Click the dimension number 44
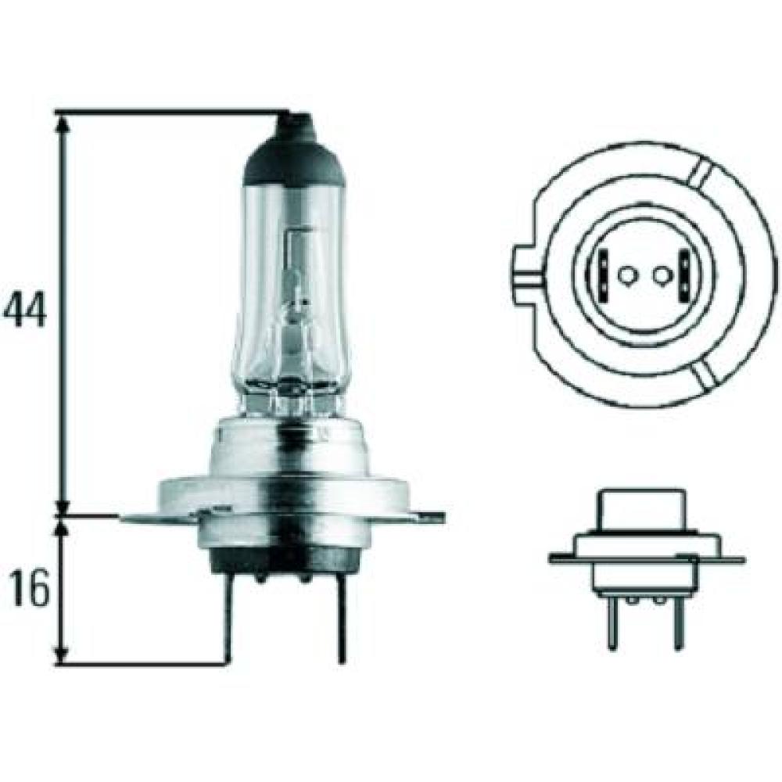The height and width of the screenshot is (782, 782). coord(25,309)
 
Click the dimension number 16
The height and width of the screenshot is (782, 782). coord(30,589)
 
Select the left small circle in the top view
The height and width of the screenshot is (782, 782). coord(626,274)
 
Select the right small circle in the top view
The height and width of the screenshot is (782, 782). coord(662,274)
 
